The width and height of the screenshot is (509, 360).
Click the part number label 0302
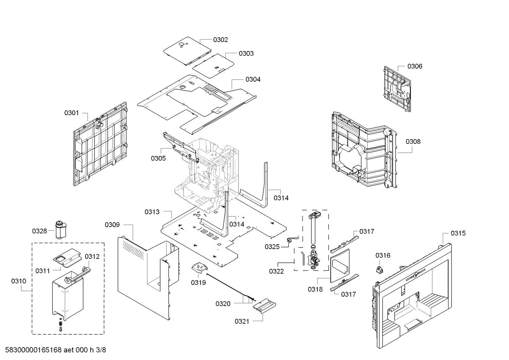click(220, 40)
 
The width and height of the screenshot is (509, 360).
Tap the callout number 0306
click(415, 66)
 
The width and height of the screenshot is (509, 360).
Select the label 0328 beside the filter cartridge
click(39, 231)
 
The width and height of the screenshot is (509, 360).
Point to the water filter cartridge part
click(61, 230)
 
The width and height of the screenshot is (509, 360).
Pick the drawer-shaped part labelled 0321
click(264, 306)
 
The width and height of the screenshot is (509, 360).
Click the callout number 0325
click(272, 247)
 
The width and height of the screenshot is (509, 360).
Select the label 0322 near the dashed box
click(276, 271)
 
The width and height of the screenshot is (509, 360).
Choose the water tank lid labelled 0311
click(67, 257)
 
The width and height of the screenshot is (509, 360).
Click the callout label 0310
click(19, 281)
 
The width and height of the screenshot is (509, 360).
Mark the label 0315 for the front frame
click(458, 233)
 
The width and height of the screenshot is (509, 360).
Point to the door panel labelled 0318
click(340, 266)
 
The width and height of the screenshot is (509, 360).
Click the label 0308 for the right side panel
click(413, 142)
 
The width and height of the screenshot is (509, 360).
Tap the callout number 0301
click(71, 113)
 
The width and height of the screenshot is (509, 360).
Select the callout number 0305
click(158, 159)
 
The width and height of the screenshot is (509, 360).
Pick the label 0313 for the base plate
click(152, 212)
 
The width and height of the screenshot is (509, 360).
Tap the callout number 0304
click(253, 79)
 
